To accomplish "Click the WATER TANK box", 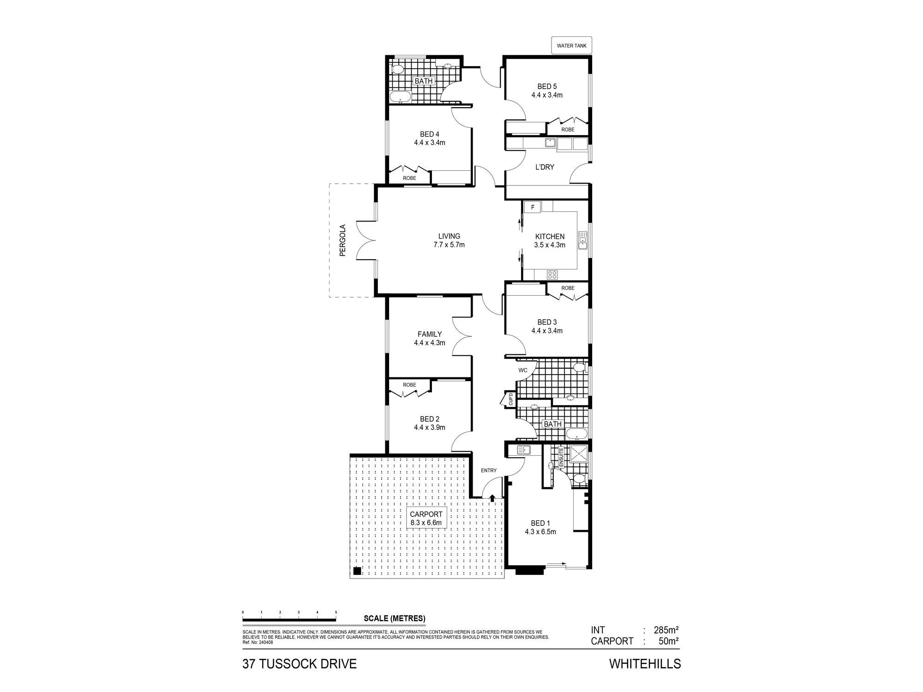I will pyautogui.click(x=571, y=46).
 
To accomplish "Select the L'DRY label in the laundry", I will pyautogui.click(x=545, y=167).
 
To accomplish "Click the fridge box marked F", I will pyautogui.click(x=532, y=207).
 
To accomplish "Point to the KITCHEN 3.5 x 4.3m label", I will pyautogui.click(x=549, y=240).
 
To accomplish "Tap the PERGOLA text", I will pyautogui.click(x=342, y=240).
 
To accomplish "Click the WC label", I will pyautogui.click(x=522, y=370).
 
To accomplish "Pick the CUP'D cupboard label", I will pyautogui.click(x=511, y=399).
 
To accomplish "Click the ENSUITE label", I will pyautogui.click(x=561, y=458).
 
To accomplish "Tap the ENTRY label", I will pyautogui.click(x=489, y=471).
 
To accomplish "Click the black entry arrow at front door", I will pyautogui.click(x=492, y=498).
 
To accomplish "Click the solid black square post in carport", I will pyautogui.click(x=357, y=571).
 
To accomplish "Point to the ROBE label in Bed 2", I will pyautogui.click(x=409, y=385).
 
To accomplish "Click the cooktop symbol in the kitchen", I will pyautogui.click(x=552, y=274).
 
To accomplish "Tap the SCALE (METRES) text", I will pyautogui.click(x=395, y=619).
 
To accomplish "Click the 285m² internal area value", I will pyautogui.click(x=665, y=630).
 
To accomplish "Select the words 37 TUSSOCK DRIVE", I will pyautogui.click(x=300, y=664).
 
